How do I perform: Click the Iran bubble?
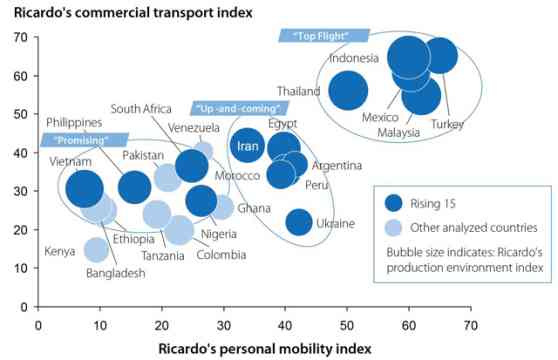(x=247, y=145)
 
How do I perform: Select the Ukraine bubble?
(x=299, y=222)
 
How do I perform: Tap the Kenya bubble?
(x=96, y=249)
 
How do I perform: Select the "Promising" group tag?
(x=85, y=139)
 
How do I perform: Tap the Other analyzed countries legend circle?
(x=394, y=227)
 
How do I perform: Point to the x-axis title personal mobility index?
(x=264, y=348)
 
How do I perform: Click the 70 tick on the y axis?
(x=20, y=38)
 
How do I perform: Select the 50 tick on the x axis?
(x=346, y=324)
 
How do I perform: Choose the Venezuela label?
(x=194, y=128)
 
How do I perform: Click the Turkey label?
(x=447, y=124)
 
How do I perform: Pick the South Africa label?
(x=144, y=109)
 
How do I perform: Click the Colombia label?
(x=220, y=254)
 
